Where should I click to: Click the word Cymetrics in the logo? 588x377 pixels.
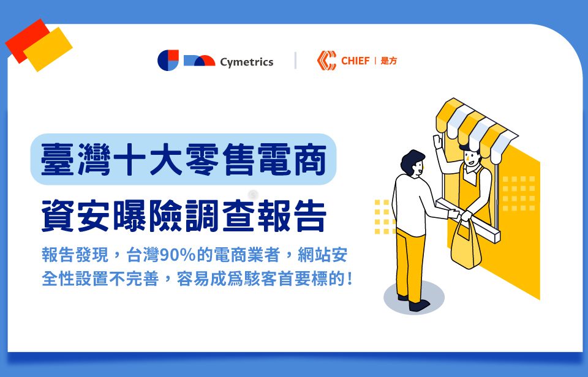tap(246, 62)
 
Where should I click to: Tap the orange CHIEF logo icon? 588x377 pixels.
tap(326, 61)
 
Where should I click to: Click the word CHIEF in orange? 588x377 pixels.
tap(355, 61)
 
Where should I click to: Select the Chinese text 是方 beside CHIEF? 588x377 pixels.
tap(388, 61)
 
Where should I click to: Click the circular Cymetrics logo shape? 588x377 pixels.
tap(168, 60)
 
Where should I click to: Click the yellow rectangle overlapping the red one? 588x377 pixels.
tap(48, 49)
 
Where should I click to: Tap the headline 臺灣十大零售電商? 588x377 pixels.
tap(183, 160)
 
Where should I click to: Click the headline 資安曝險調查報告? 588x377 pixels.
tap(183, 216)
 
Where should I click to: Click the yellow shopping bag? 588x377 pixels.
tap(466, 244)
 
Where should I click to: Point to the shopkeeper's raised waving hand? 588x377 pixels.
tap(438, 142)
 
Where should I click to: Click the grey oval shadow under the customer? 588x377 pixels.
tap(414, 298)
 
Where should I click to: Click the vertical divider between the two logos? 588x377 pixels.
tap(295, 61)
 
